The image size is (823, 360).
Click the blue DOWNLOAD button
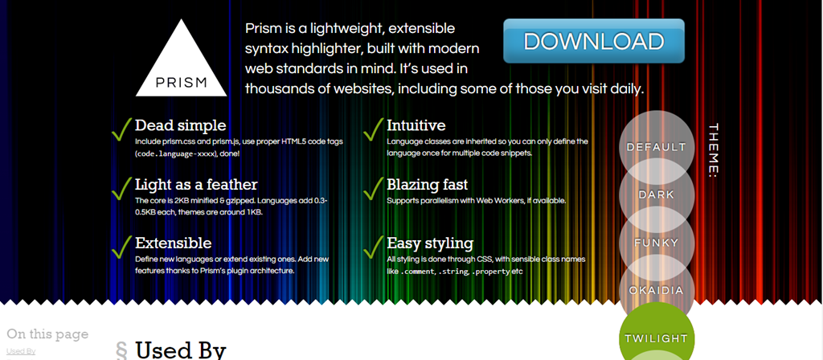pos(594,41)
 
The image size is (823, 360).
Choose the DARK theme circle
pos(657,194)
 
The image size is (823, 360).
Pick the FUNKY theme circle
pos(657,243)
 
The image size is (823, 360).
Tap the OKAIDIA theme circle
pos(657,290)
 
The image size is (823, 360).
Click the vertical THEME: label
pos(713,150)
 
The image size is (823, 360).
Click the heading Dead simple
pos(181,125)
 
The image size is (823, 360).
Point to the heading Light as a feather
pos(196,185)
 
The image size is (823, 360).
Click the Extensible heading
pos(174,243)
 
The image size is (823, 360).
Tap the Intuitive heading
pos(416,125)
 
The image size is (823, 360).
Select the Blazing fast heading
pos(428,185)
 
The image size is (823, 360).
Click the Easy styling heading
pos(430,243)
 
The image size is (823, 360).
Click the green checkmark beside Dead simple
pos(121,129)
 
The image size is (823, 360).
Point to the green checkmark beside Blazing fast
pos(373,188)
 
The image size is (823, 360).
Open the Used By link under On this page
pos(21,351)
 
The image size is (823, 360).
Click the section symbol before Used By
pos(121,350)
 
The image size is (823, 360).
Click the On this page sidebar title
pos(47,333)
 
